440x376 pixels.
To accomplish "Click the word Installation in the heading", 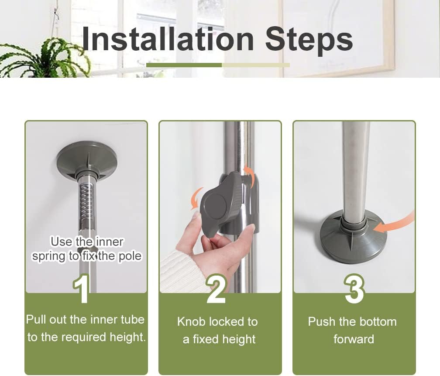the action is pyautogui.click(x=168, y=39).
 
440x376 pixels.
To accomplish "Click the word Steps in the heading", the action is pyautogui.click(x=309, y=41).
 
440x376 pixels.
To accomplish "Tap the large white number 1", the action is pyautogui.click(x=82, y=289).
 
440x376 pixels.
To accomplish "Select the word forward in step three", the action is pyautogui.click(x=354, y=339).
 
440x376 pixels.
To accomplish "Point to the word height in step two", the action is pyautogui.click(x=239, y=339).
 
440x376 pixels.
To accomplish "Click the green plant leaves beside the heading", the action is pyautogui.click(x=45, y=59).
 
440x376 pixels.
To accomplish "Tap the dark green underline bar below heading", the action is pyautogui.click(x=184, y=65).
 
